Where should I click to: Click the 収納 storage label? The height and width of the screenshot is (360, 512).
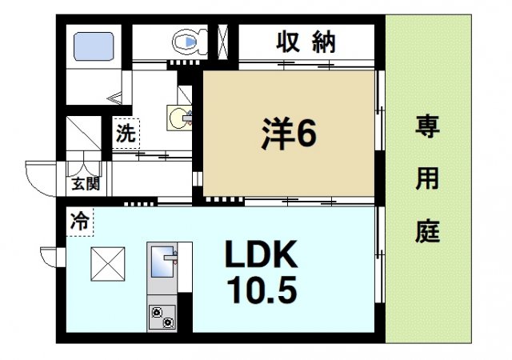coord(306,42)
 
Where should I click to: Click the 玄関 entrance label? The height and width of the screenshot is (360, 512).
coord(85,183)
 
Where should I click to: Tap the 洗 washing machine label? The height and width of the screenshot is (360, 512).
coord(126,134)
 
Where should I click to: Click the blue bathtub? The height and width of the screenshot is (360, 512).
coord(94,45)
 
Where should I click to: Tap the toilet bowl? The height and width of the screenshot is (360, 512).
coord(187,40)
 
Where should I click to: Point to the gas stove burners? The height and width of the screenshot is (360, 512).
coord(162,318)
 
